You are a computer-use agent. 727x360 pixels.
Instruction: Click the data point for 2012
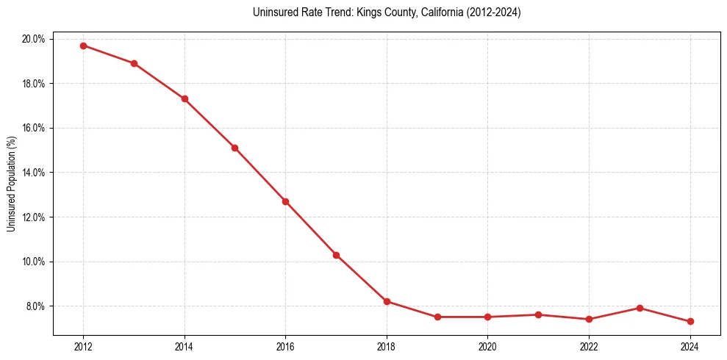[83, 46]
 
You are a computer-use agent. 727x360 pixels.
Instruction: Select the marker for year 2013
[134, 63]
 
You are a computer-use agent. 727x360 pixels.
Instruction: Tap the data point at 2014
[185, 98]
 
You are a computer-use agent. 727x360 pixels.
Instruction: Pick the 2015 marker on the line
[234, 148]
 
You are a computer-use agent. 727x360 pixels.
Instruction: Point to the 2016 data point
[285, 201]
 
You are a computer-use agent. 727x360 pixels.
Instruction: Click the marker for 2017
[336, 255]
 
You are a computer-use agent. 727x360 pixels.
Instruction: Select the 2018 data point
[387, 301]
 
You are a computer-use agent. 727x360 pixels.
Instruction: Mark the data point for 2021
[538, 314]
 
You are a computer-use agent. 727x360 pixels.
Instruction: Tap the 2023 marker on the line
[640, 308]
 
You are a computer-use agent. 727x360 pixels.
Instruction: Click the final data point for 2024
[690, 321]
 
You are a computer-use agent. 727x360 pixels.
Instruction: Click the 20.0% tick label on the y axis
[34, 39]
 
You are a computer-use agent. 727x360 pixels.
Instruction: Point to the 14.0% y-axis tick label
[34, 173]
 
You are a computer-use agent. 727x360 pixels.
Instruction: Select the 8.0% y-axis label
[35, 306]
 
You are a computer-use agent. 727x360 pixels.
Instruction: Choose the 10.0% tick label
[34, 262]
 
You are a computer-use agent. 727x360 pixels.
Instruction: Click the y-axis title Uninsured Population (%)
[11, 184]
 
